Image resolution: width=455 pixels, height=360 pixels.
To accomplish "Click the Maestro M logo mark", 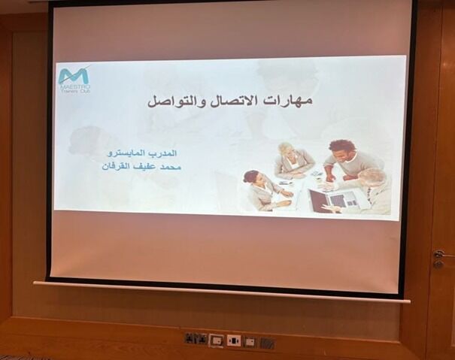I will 74,75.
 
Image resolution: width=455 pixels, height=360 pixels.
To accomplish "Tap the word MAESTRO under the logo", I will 74,87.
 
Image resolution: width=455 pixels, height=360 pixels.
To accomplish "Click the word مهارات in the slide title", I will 293,101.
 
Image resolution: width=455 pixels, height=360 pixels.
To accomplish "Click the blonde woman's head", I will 285,149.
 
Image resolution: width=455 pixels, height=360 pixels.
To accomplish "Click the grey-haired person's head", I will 372,177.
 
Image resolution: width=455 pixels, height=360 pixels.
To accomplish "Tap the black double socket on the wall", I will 196,339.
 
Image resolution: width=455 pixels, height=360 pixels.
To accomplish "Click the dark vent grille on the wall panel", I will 267,343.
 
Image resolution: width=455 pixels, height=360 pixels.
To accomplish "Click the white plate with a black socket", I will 233,340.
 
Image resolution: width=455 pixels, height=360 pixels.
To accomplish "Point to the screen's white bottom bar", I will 222,292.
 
